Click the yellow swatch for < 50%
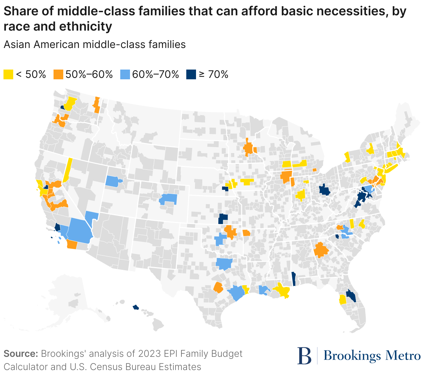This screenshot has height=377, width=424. tap(8, 74)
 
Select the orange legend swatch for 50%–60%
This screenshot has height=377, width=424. tap(58, 74)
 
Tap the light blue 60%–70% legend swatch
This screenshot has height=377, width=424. tap(125, 74)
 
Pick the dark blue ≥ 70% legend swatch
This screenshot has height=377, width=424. tap(191, 74)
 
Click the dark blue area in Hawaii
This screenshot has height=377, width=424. tap(136, 307)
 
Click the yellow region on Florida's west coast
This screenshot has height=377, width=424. tap(342, 299)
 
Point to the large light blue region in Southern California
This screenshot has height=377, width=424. tap(80, 230)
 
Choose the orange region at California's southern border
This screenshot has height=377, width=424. tap(72, 244)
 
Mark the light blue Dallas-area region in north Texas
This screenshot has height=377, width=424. tap(223, 263)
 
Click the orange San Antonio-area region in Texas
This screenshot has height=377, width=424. tap(218, 288)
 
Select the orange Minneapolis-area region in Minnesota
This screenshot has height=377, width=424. tap(248, 149)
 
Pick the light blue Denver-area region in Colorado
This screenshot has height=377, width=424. tap(169, 199)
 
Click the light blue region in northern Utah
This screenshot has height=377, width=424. tap(112, 181)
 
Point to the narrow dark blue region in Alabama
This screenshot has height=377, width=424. tap(293, 279)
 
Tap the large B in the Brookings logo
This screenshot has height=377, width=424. tap(304, 356)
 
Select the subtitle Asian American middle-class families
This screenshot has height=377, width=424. tap(95, 45)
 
